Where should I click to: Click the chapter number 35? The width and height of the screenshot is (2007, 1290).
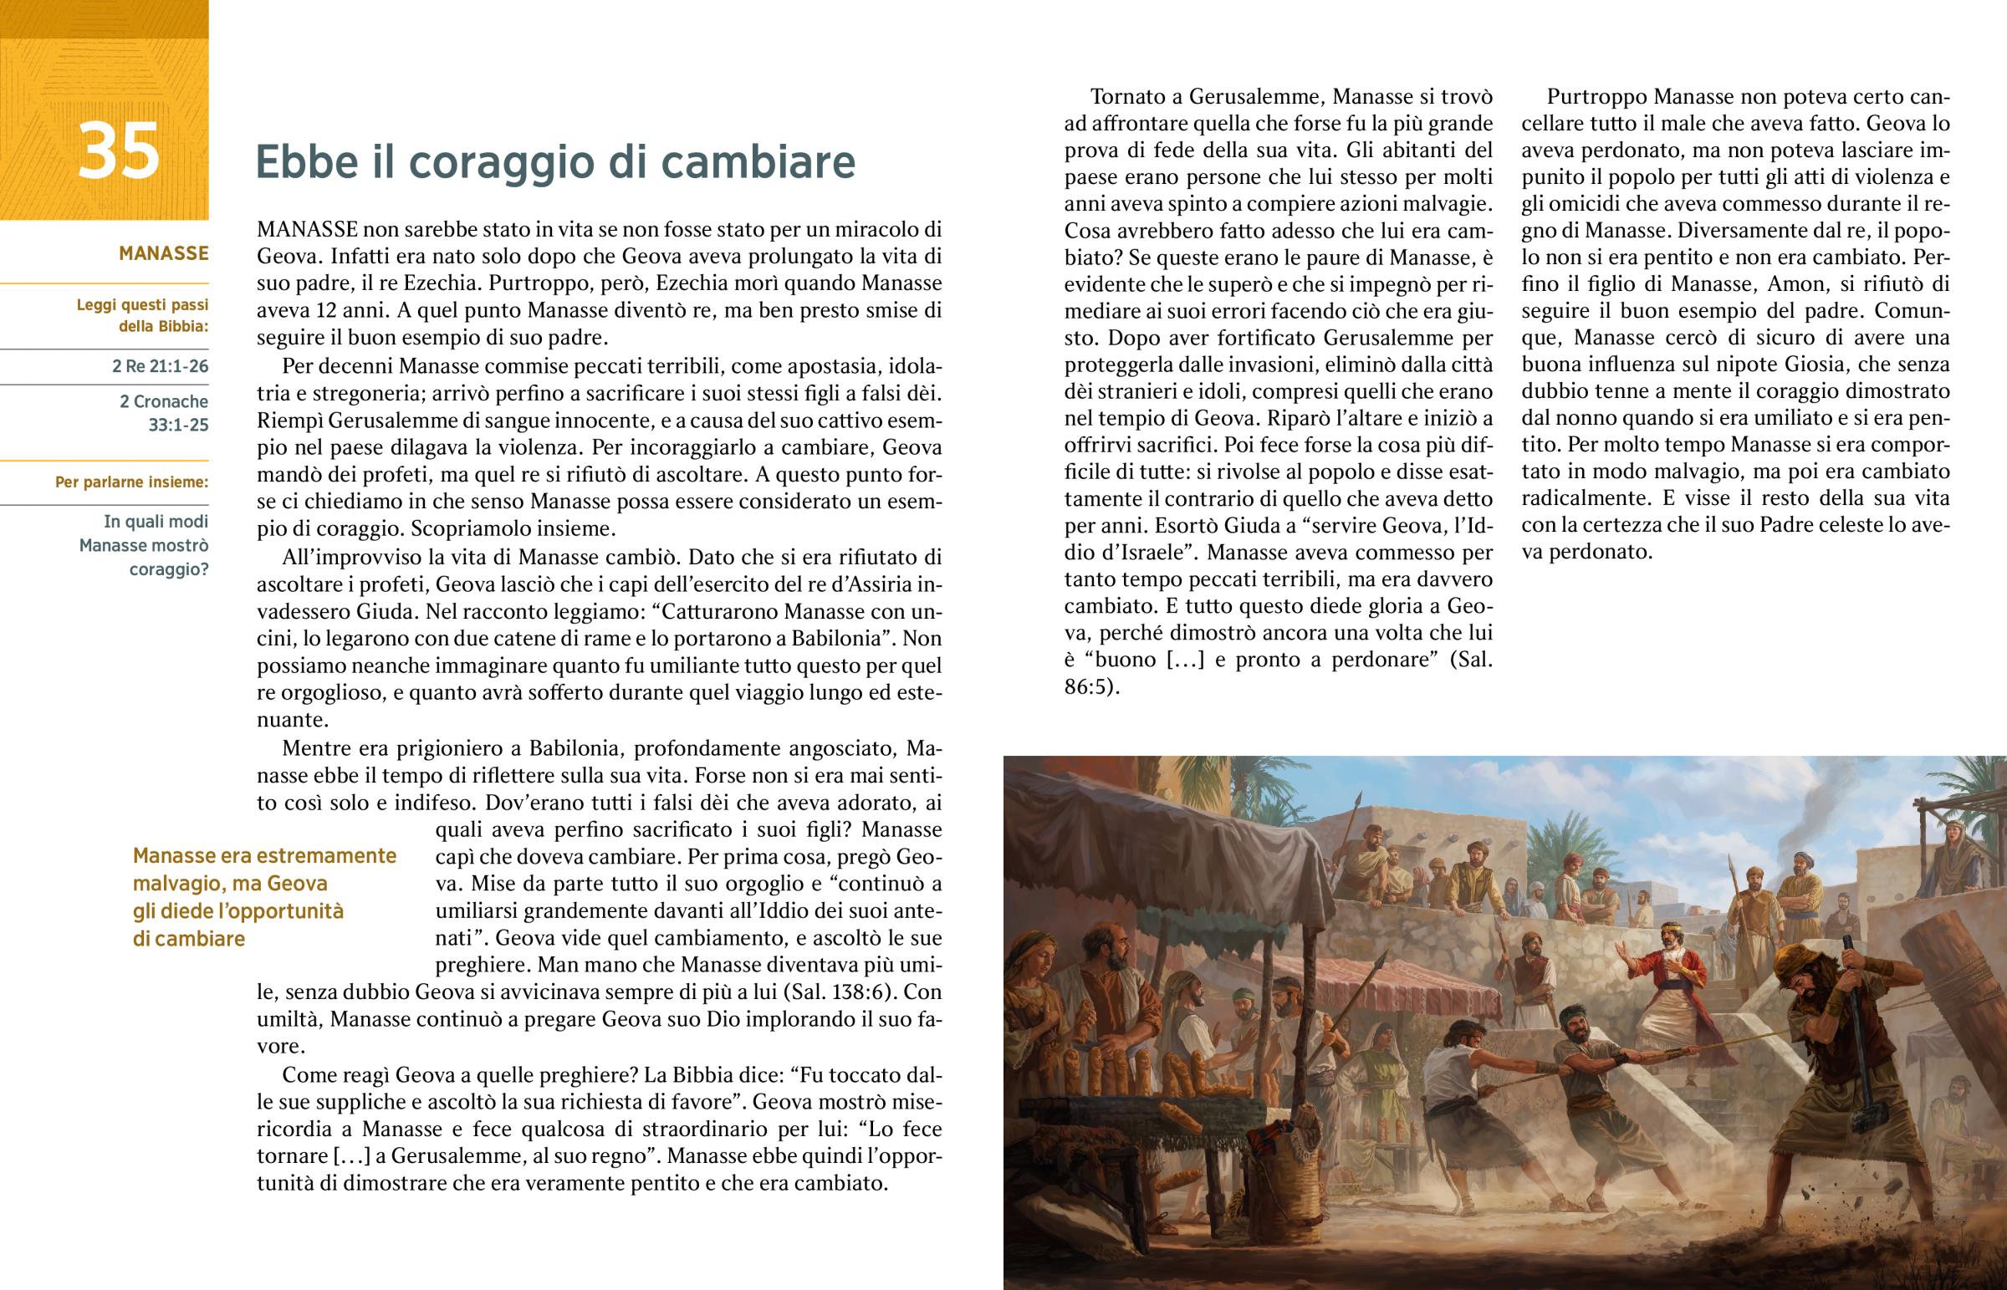[x=118, y=150]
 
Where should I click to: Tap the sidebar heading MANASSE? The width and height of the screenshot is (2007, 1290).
[x=163, y=253]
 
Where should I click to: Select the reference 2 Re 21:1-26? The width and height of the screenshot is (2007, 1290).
[x=160, y=366]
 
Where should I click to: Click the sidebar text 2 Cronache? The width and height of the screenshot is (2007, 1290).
[x=163, y=401]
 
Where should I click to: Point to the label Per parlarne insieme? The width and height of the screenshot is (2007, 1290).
[x=131, y=482]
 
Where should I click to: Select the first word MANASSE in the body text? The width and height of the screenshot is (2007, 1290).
[x=308, y=230]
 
